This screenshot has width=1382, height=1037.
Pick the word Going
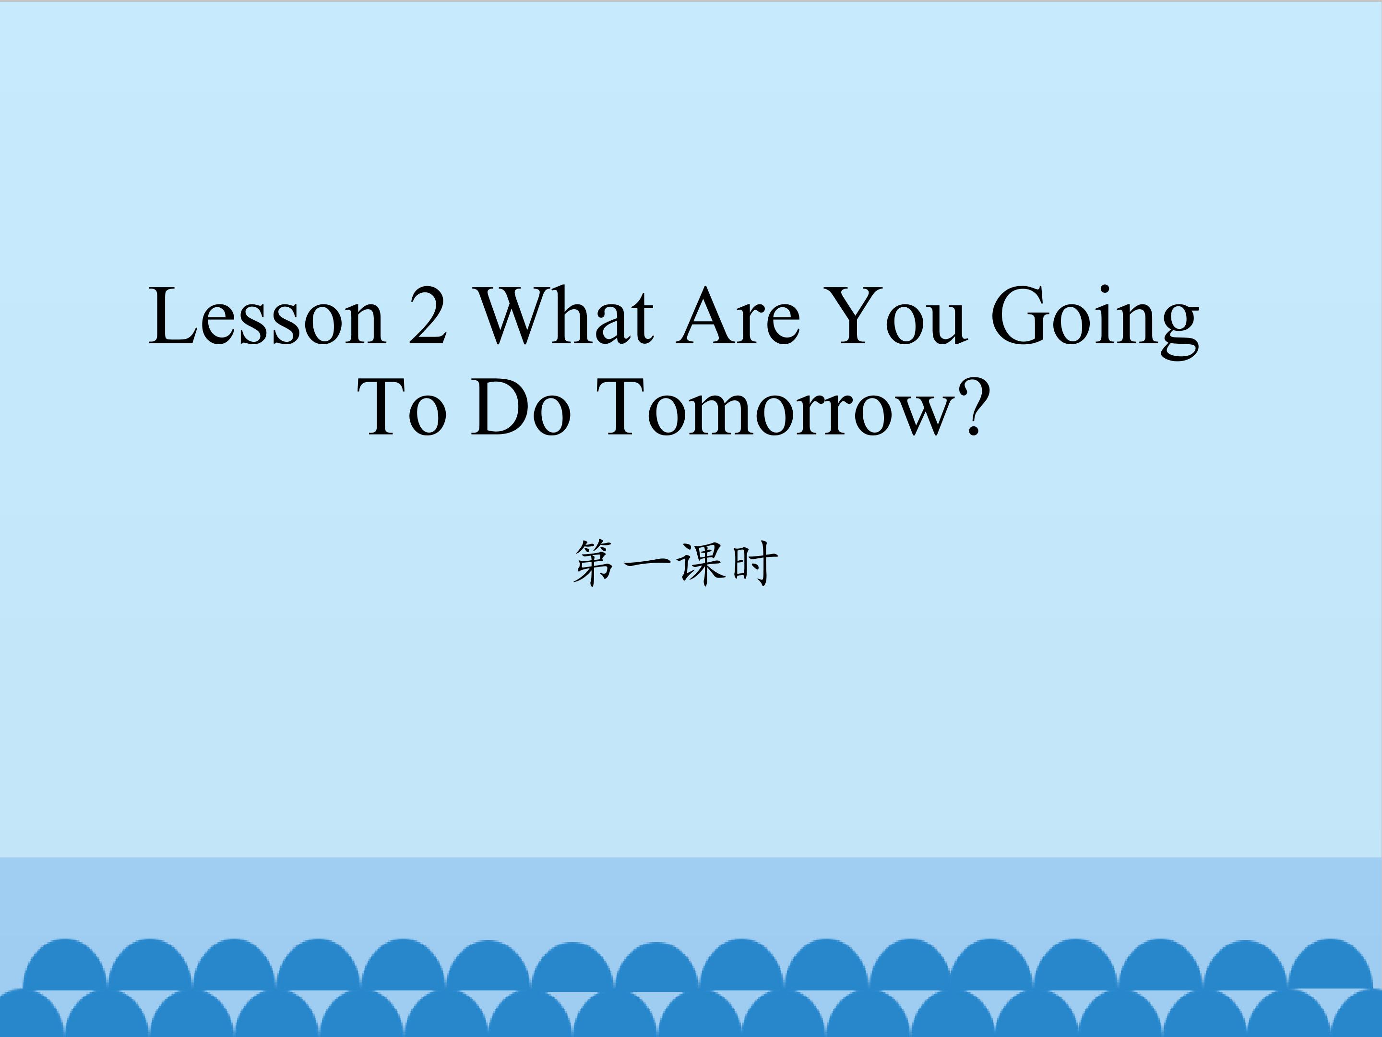1095,322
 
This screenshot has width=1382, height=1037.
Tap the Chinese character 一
647,563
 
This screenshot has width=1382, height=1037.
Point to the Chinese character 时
755,563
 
